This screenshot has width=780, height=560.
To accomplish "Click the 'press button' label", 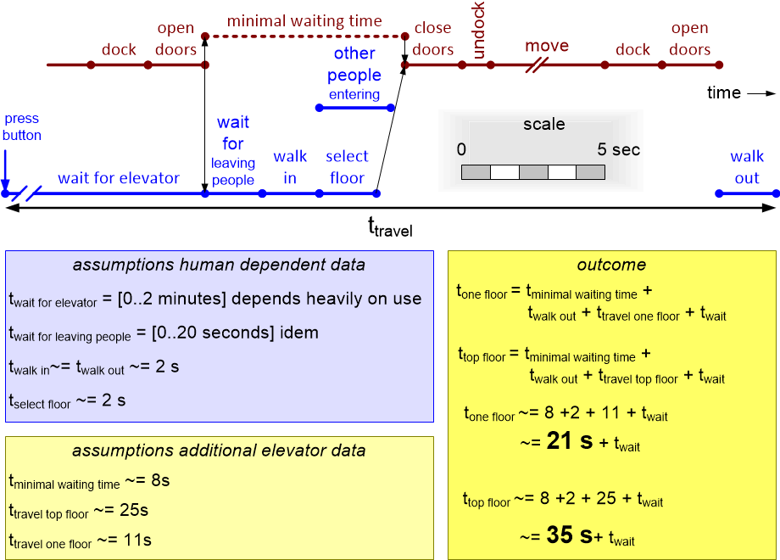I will tap(21, 126).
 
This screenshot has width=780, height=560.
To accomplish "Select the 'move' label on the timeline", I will tap(546, 45).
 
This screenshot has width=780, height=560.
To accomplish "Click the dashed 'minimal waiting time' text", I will tap(304, 20).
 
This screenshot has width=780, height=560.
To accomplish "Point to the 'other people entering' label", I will tap(354, 74).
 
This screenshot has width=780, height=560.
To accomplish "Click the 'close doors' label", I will tap(433, 39).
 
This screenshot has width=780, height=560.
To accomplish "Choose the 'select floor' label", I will tap(347, 167).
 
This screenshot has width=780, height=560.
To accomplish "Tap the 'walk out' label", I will tap(747, 167).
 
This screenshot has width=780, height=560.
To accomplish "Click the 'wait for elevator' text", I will tap(119, 178).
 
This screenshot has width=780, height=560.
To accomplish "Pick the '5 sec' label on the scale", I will tap(619, 150).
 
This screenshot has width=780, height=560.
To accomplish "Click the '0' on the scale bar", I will tap(461, 150).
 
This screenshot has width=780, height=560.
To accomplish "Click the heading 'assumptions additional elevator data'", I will tap(219, 451).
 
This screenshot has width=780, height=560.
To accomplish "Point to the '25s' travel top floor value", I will tap(134, 511).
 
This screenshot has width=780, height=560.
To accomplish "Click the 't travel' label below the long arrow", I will tap(389, 227).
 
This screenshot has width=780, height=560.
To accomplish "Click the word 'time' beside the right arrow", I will tap(724, 92).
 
